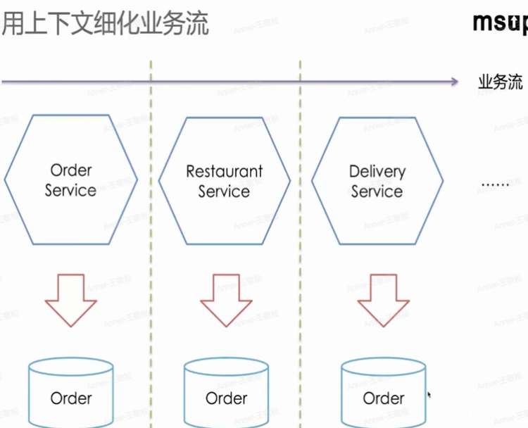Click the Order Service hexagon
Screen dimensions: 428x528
(70, 180)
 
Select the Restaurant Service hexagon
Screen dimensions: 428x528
(225, 181)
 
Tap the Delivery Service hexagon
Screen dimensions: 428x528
(377, 181)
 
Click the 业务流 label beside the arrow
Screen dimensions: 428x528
(501, 82)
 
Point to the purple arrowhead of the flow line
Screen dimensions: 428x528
(454, 82)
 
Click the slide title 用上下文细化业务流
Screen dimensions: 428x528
(106, 24)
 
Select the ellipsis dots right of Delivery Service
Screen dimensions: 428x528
(495, 184)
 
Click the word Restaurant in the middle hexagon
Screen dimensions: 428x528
(225, 171)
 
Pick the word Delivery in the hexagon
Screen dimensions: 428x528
(377, 171)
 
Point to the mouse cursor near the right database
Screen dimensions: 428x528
(429, 396)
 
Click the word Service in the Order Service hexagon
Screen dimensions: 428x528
(70, 190)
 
